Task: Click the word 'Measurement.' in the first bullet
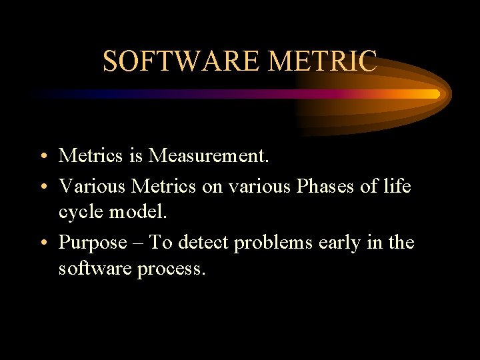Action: [x=208, y=156]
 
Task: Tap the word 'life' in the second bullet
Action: [x=397, y=187]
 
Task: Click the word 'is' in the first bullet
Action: [x=135, y=156]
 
